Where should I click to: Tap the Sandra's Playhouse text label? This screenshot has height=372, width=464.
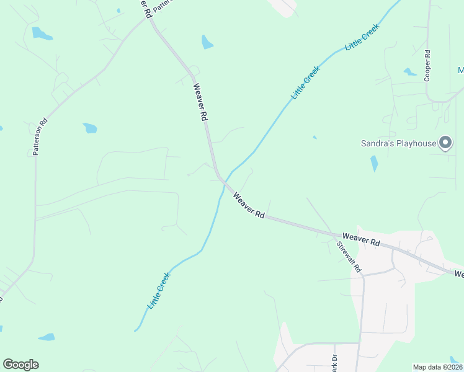tap(399, 143)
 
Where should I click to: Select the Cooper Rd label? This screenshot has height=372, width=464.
tap(427, 66)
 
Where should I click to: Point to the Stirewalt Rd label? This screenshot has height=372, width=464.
tap(348, 257)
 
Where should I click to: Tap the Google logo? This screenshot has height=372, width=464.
tap(20, 365)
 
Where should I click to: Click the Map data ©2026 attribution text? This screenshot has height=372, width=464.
tap(438, 367)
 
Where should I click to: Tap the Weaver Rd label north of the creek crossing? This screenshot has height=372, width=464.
tap(200, 102)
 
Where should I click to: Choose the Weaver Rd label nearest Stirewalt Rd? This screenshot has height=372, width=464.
tap(360, 240)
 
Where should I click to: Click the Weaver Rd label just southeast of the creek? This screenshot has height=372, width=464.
tap(249, 205)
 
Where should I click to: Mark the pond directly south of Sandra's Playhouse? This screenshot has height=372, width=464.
tap(374, 164)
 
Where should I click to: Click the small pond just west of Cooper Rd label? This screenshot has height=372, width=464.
tap(410, 72)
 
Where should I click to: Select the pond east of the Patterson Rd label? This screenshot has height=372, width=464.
tap(90, 128)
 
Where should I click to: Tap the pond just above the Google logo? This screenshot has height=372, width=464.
tap(46, 337)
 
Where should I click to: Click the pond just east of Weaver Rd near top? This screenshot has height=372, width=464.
tap(207, 42)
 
